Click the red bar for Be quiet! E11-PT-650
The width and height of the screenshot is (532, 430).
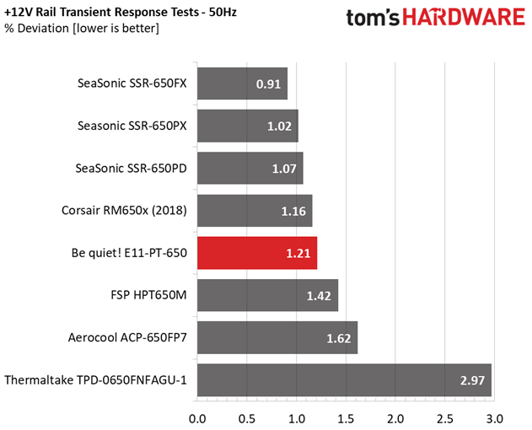point(256,252)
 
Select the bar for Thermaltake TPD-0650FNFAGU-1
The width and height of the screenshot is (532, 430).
point(344,379)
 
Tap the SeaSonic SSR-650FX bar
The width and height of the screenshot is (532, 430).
point(242,83)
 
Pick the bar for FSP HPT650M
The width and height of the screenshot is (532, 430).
point(267,295)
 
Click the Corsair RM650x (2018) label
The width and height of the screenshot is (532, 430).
point(124,210)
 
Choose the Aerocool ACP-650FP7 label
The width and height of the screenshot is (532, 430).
point(127,337)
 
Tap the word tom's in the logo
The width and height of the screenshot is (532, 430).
point(376,18)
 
